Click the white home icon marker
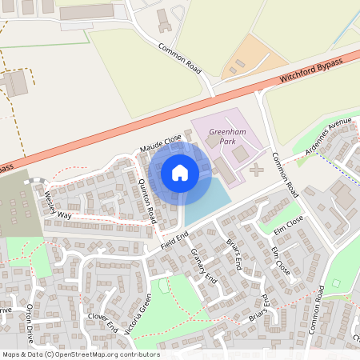tap(180, 172)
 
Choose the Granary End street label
tap(203, 266)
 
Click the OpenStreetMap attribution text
tap(80, 354)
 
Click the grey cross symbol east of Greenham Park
tap(255, 170)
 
